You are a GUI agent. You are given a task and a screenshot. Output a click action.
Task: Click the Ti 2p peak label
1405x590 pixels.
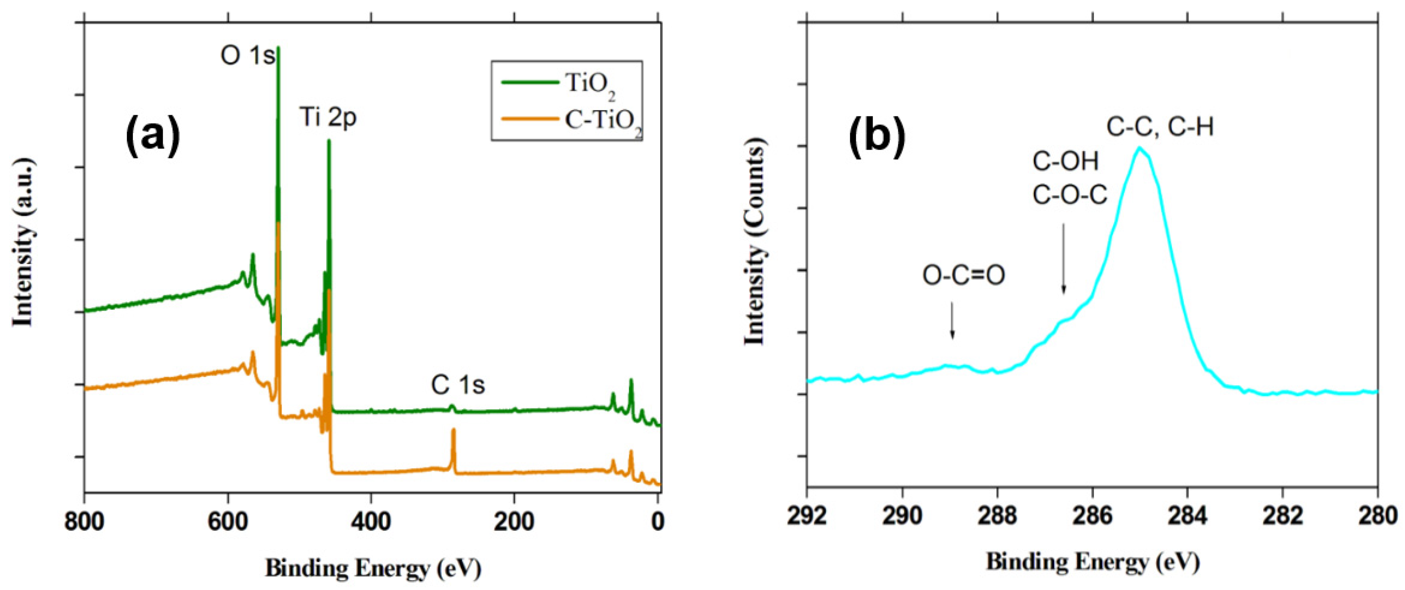[x=328, y=118]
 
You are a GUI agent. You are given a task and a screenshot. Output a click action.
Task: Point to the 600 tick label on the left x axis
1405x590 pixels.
[x=228, y=522]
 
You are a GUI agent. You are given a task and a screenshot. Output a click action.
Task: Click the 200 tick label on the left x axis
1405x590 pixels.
[x=514, y=522]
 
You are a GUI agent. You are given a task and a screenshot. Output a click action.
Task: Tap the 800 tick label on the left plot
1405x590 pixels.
[x=84, y=522]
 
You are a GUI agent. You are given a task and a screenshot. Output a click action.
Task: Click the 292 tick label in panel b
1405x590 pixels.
[x=807, y=515]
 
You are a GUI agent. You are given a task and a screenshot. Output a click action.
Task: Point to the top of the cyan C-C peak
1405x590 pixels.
[x=1139, y=148]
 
